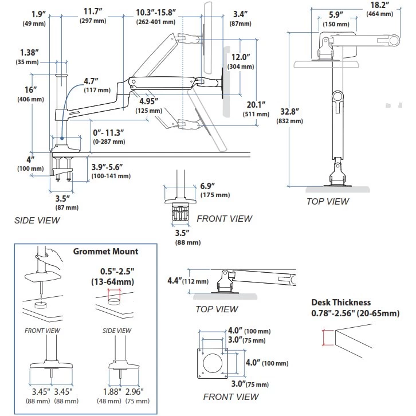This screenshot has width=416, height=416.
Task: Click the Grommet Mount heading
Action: click(x=105, y=251)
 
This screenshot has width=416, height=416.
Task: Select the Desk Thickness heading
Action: click(x=340, y=303)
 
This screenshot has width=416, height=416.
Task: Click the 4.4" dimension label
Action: click(x=174, y=281)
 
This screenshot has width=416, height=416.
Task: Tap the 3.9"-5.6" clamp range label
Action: click(x=107, y=167)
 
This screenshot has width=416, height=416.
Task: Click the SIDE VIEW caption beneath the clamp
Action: click(x=37, y=219)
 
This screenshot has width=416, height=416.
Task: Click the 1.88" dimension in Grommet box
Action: click(x=112, y=391)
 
